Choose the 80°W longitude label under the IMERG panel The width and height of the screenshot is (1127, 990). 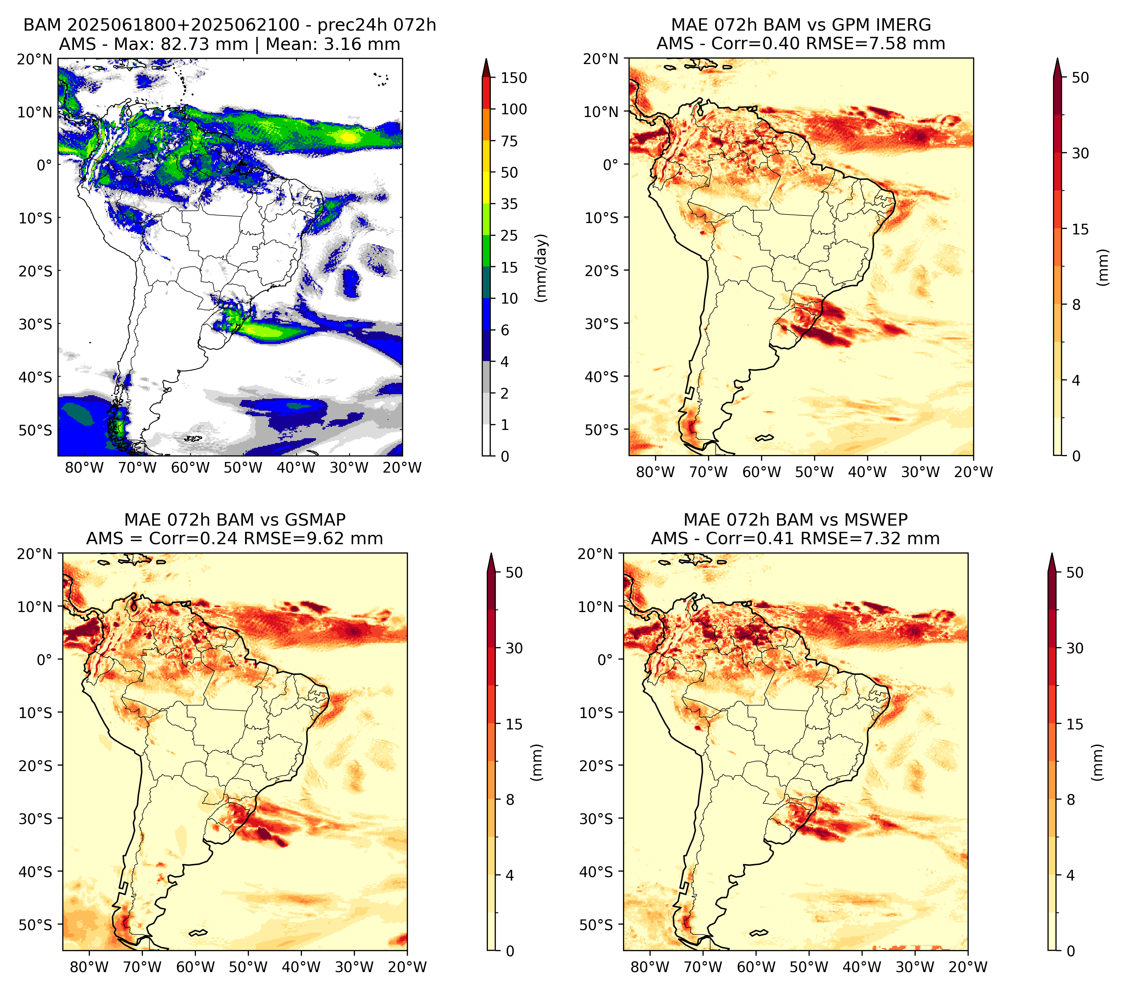pos(655,472)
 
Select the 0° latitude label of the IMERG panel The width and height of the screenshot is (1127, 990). pos(610,164)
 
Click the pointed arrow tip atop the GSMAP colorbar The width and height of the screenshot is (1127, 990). pos(491,554)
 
